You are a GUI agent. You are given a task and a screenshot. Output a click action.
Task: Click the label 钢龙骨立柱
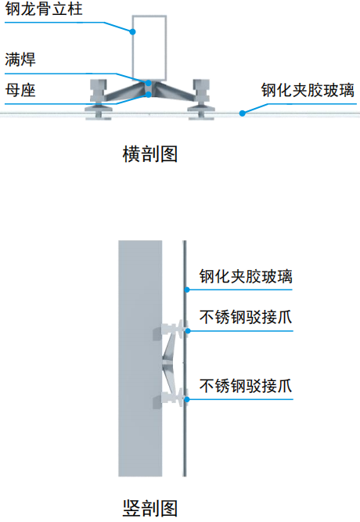tap(43, 9)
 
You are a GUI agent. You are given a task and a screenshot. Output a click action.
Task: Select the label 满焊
tap(20, 59)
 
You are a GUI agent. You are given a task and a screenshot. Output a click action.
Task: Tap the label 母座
tap(20, 90)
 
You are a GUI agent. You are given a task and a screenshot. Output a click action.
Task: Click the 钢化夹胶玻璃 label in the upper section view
tap(308, 90)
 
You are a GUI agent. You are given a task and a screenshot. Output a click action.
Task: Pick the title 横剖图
tap(149, 154)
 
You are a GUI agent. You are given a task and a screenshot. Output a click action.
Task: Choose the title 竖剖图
tap(149, 509)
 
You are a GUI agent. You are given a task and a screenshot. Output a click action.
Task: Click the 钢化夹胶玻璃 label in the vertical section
tap(246, 276)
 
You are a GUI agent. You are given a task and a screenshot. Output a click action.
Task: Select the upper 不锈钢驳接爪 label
tap(246, 317)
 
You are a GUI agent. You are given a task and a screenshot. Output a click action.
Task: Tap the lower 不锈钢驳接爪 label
tap(246, 386)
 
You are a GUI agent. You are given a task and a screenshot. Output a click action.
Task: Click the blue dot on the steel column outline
tap(132, 32)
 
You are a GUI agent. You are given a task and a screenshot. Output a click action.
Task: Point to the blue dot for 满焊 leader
tap(148, 83)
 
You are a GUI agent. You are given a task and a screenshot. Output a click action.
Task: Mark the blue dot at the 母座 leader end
tap(149, 95)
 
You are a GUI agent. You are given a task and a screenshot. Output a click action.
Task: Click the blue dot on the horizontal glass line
tap(243, 113)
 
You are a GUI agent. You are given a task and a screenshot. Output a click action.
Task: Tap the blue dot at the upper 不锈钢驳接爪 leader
tap(188, 331)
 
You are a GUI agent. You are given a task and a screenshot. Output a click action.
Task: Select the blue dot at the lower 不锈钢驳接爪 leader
tap(187, 399)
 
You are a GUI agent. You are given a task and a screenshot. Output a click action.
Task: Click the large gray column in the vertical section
tap(140, 358)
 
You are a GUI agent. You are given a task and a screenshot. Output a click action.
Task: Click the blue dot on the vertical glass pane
tap(187, 290)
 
